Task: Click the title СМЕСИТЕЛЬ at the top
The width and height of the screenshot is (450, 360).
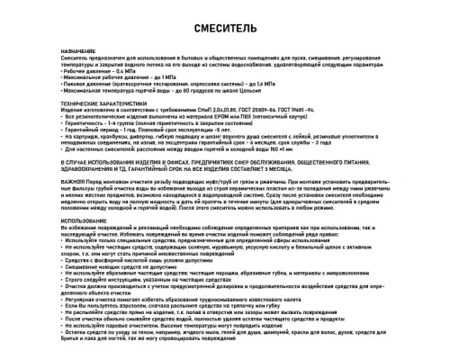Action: (x=224, y=29)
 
